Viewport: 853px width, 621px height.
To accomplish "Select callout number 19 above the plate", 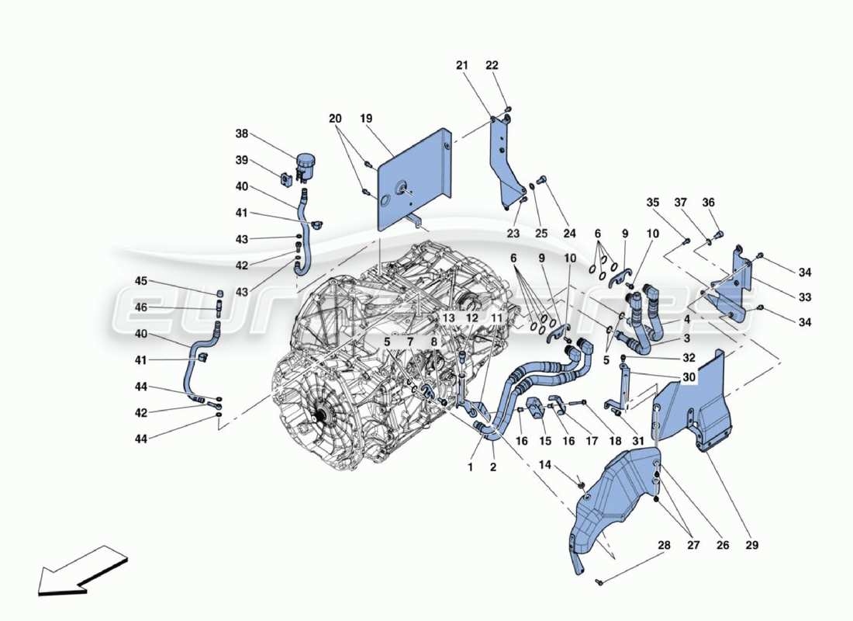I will coord(366,119).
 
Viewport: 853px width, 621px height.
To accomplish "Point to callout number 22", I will coord(492,65).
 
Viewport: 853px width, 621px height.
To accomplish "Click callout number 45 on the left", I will coord(141,281).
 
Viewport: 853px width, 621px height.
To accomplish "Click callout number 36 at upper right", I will coord(707,203).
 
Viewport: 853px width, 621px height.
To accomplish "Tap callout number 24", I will coord(570,234).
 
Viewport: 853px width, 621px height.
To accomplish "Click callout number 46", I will coord(141,307).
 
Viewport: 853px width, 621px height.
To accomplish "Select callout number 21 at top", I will coord(462,65).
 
